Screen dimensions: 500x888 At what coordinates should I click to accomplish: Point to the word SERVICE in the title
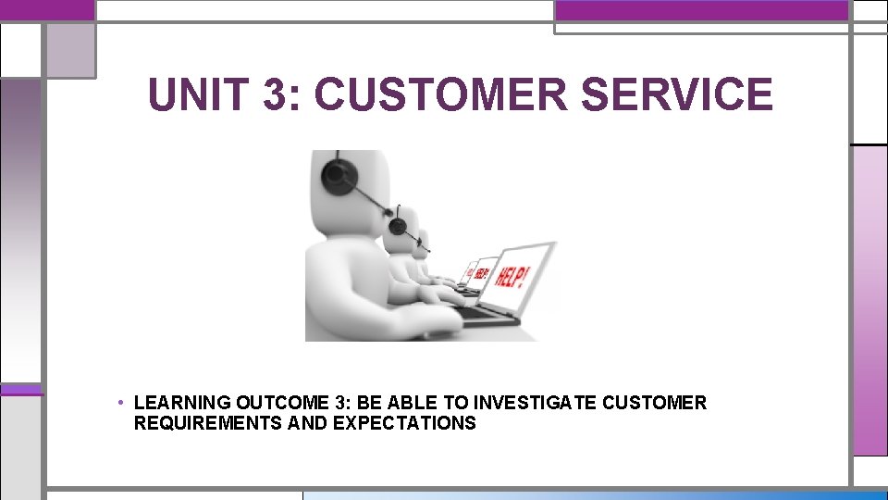coord(676,95)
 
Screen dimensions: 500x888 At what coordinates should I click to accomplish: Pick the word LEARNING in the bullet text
coord(182,403)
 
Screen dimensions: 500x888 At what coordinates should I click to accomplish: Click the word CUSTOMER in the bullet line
coord(654,403)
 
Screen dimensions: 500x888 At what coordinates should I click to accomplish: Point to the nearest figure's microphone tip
coord(427,249)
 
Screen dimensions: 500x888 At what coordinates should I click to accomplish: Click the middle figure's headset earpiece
coord(398,225)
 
